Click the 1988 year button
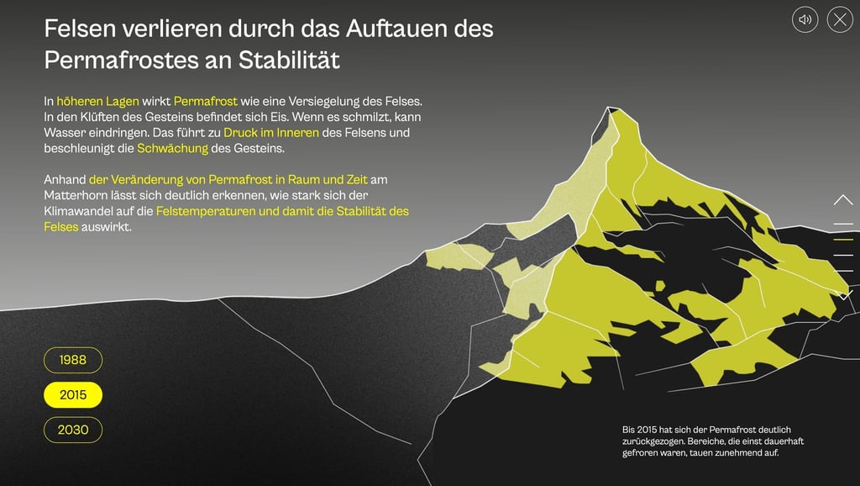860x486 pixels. pyautogui.click(x=73, y=360)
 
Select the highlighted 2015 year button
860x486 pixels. pyautogui.click(x=73, y=395)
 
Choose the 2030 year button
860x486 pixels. pyautogui.click(x=73, y=430)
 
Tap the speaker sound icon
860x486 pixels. pyautogui.click(x=805, y=19)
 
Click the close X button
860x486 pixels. pyautogui.click(x=840, y=19)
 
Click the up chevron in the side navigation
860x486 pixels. pyautogui.click(x=843, y=200)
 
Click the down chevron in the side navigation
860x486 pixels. pyautogui.click(x=843, y=294)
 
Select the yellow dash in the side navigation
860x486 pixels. pyautogui.click(x=843, y=240)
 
